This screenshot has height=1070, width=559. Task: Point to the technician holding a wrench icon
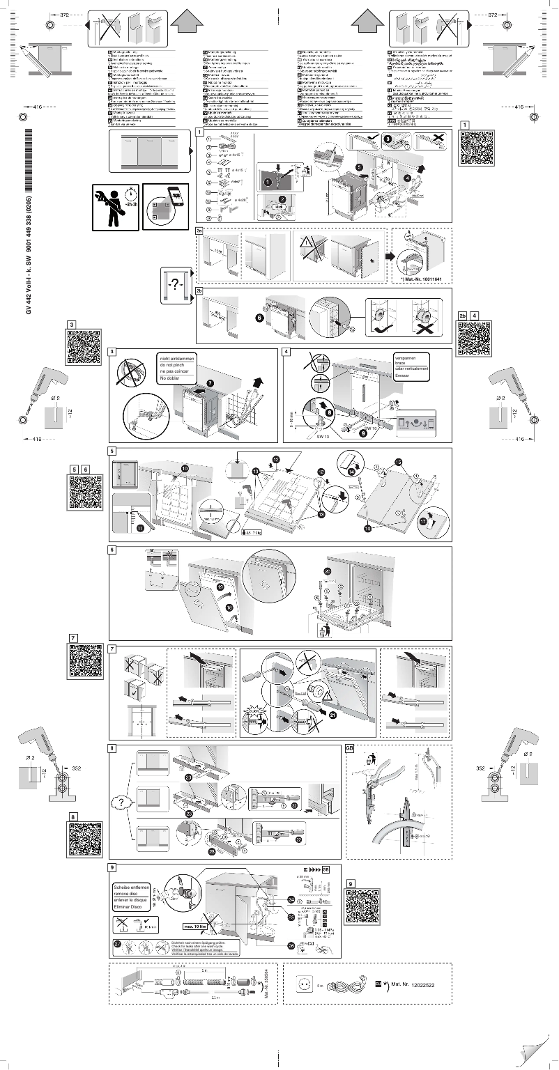point(114,202)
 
